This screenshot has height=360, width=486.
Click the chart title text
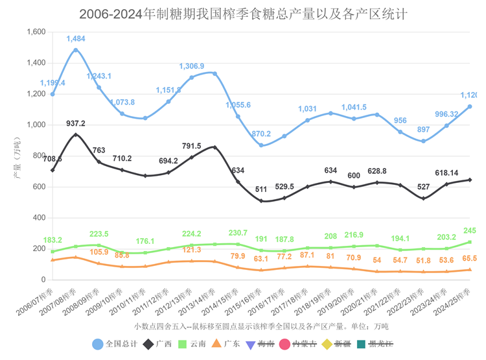pyautogui.click(x=244, y=14)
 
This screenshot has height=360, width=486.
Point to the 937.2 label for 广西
pyautogui.click(x=76, y=124)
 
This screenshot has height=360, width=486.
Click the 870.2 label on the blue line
pyautogui.click(x=261, y=134)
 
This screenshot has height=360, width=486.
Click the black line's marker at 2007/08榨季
pyautogui.click(x=76, y=135)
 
